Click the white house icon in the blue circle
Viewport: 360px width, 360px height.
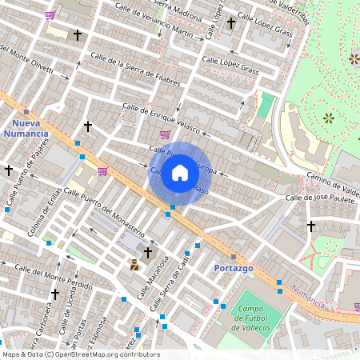(180, 173)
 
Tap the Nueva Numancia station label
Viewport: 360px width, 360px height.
(31, 129)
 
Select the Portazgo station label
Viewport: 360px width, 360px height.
(233, 268)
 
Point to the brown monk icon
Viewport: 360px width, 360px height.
(134, 264)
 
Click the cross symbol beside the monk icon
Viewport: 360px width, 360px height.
(148, 253)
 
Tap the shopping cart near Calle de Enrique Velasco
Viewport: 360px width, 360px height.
(165, 134)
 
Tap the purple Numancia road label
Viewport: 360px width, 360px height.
(307, 295)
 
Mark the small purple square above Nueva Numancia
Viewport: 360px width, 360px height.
(26, 112)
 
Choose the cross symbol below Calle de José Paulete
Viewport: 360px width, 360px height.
(311, 226)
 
